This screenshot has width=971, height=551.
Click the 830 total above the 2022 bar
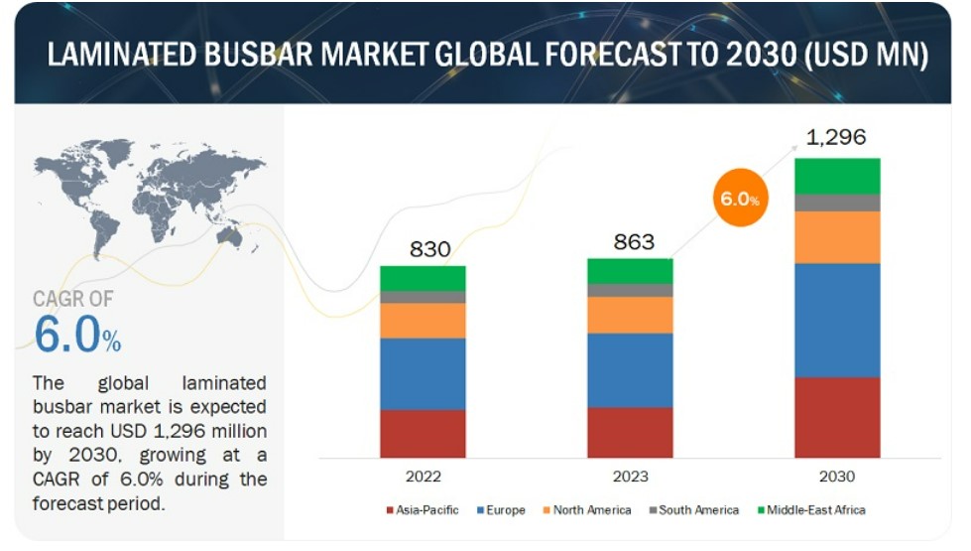(x=429, y=249)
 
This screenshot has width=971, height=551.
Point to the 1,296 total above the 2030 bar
(x=836, y=138)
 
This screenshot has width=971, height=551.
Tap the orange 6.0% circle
(x=739, y=199)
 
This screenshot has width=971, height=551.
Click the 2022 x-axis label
(x=423, y=477)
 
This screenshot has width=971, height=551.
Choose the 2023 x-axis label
(x=630, y=477)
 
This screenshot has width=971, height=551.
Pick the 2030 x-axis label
(x=837, y=477)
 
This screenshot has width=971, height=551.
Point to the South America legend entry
(x=694, y=510)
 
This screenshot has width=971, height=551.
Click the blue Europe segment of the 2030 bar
(x=837, y=320)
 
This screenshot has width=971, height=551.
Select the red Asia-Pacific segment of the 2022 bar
(x=423, y=433)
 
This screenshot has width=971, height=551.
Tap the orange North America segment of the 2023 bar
(x=630, y=315)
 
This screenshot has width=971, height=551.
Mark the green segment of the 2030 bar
(x=837, y=176)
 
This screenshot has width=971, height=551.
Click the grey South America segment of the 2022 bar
(x=423, y=297)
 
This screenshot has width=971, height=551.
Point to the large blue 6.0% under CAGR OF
(x=77, y=336)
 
